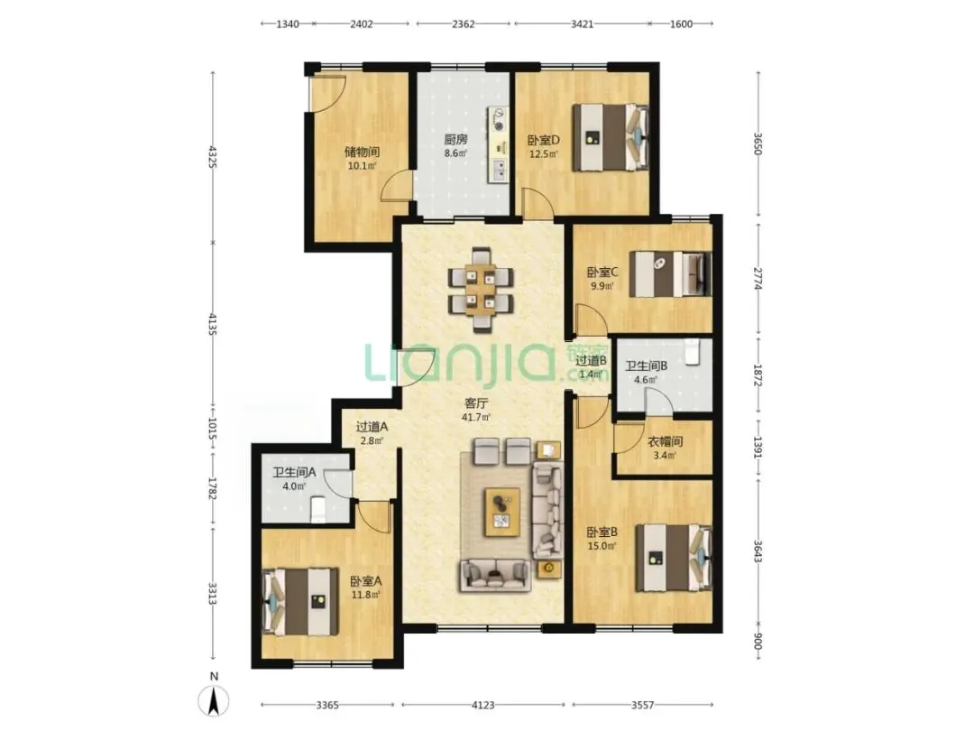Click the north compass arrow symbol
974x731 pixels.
(214, 701)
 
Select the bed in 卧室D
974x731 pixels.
(610, 137)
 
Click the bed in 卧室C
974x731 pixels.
(670, 273)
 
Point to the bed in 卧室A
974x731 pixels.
(300, 601)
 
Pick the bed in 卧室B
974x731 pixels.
(673, 558)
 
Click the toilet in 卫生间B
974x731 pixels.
(692, 352)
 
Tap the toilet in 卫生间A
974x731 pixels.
(317, 510)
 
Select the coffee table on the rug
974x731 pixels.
(502, 511)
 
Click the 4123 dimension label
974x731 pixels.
(482, 705)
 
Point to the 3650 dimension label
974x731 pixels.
(758, 143)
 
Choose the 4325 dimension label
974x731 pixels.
(213, 157)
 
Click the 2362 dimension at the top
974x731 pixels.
(463, 24)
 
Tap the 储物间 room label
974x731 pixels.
(362, 152)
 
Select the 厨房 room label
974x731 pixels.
(455, 139)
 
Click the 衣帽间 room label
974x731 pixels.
(665, 441)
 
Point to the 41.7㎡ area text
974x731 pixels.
(476, 417)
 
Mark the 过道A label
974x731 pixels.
(372, 427)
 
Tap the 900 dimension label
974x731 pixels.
(758, 641)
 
